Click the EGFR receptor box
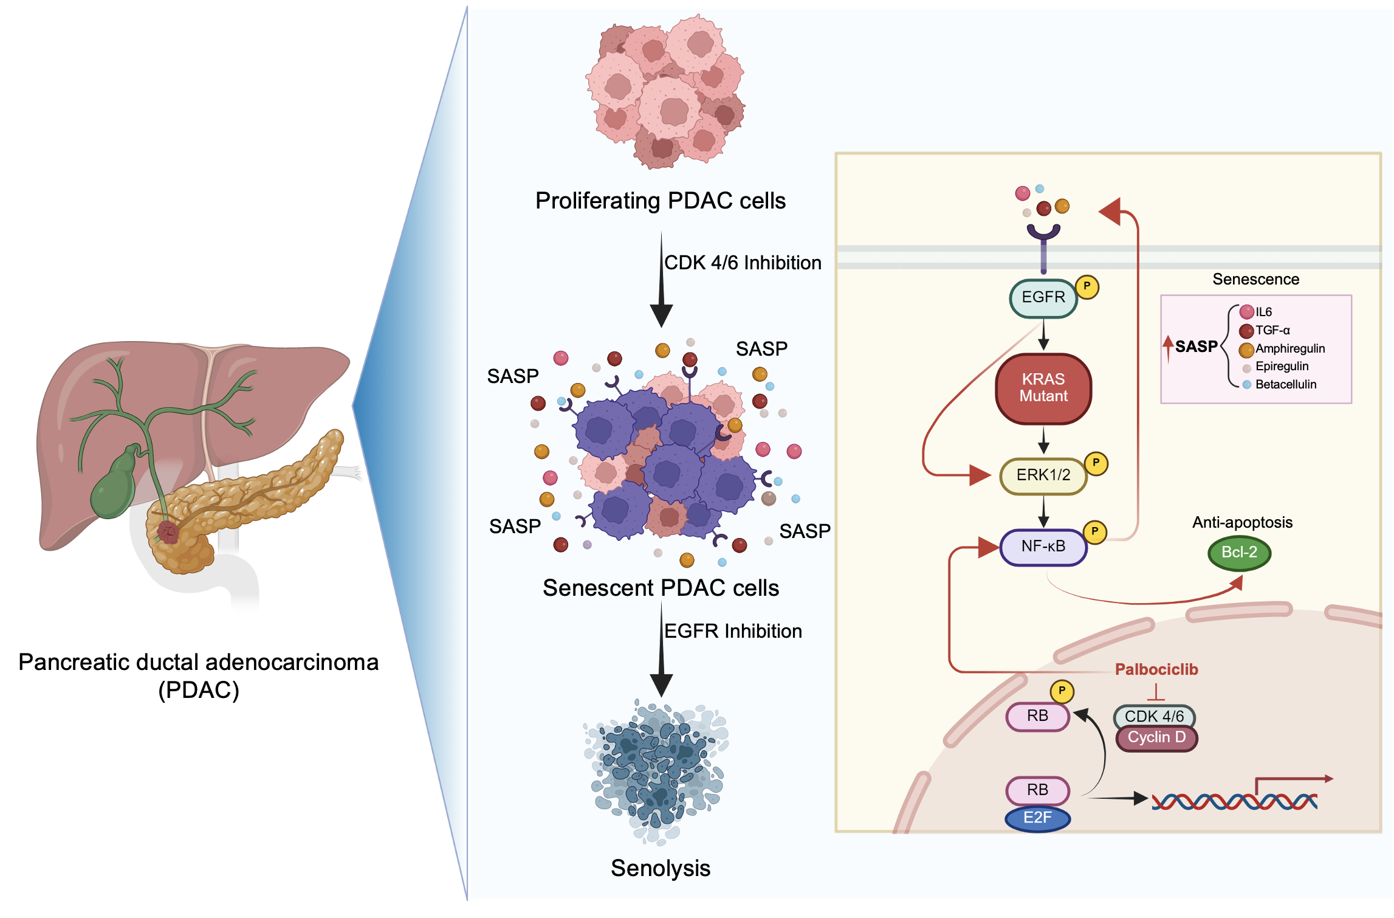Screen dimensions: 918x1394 1043,298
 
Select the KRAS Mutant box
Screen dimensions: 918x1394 1043,388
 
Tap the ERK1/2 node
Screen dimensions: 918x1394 1043,475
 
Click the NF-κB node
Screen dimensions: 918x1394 1043,547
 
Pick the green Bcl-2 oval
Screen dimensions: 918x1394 1239,553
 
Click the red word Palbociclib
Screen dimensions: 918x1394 1156,669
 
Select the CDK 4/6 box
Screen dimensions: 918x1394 1153,716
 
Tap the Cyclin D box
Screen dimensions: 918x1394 1156,738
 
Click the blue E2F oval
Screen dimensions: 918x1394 1037,818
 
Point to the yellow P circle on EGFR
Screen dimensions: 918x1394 1087,286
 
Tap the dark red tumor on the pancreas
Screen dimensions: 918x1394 167,532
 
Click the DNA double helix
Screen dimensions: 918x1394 1234,802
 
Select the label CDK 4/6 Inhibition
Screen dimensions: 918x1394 742,263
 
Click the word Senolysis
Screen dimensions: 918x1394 660,868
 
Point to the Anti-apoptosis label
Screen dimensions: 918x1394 1241,522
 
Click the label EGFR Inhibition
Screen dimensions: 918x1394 732,631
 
